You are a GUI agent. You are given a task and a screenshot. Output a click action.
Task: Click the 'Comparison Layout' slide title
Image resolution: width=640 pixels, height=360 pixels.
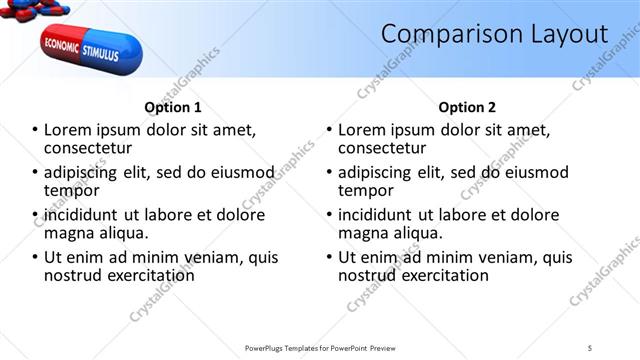pos(494,35)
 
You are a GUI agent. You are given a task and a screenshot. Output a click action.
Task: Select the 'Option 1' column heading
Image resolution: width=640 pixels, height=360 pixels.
pos(172,107)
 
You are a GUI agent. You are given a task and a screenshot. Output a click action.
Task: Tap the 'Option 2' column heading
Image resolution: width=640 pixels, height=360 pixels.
pos(466,107)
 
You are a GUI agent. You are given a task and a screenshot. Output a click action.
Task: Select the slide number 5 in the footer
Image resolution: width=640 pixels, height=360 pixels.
pos(590,347)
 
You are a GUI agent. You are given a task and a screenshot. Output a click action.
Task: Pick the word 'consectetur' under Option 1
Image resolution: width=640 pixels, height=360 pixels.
pos(88,148)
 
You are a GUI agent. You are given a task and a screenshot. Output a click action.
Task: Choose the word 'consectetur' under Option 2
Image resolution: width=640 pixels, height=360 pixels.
pos(382,148)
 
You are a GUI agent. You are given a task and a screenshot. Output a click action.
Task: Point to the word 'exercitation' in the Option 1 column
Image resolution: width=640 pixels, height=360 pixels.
pos(149,275)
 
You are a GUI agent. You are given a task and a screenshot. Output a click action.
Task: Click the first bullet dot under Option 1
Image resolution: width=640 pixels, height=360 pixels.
pos(35,130)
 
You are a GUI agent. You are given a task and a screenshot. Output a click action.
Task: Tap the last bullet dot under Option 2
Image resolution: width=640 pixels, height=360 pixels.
pos(329,257)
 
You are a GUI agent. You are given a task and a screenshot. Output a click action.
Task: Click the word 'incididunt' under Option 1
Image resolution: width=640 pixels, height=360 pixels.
pos(83,215)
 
